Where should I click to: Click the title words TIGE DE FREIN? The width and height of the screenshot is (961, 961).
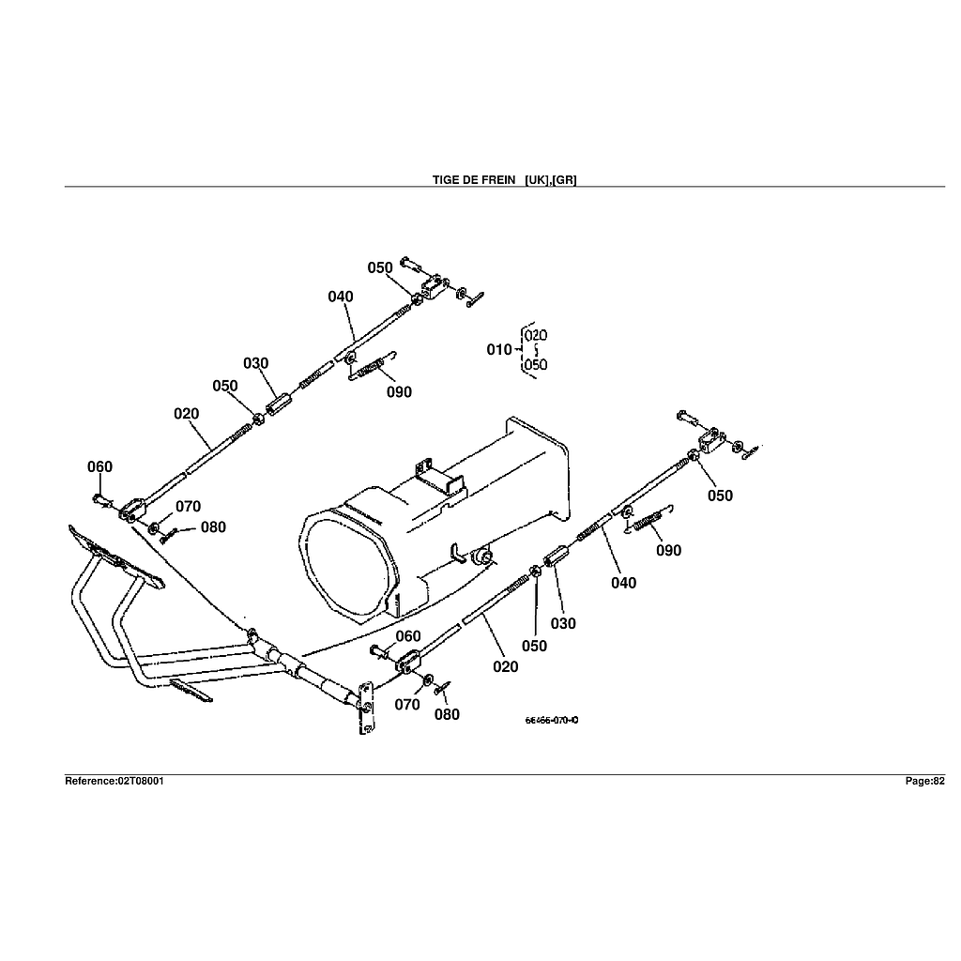[474, 179]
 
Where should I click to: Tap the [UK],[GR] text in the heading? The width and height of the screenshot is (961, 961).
[551, 179]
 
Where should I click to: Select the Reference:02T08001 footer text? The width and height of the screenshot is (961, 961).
[114, 781]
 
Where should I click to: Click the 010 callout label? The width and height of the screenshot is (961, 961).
[499, 350]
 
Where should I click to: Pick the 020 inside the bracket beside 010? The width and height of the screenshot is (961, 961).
[537, 335]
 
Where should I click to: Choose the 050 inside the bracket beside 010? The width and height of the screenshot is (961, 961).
[537, 365]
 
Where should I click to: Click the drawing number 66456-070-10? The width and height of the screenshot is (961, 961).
[552, 721]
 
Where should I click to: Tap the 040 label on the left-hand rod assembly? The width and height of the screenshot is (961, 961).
[341, 297]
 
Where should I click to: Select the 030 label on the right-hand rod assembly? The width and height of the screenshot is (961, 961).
[563, 624]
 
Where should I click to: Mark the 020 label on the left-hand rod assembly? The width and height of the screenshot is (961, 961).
[186, 413]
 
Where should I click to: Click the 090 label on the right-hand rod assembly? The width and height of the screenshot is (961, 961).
[668, 551]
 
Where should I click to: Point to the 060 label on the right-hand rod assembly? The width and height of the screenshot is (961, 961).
[407, 636]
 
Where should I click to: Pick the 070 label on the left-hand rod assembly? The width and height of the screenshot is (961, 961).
[188, 507]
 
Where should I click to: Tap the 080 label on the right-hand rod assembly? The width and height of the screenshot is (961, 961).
[447, 714]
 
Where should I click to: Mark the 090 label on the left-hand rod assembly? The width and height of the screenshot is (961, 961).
[399, 392]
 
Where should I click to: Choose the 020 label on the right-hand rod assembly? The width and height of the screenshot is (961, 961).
[505, 667]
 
